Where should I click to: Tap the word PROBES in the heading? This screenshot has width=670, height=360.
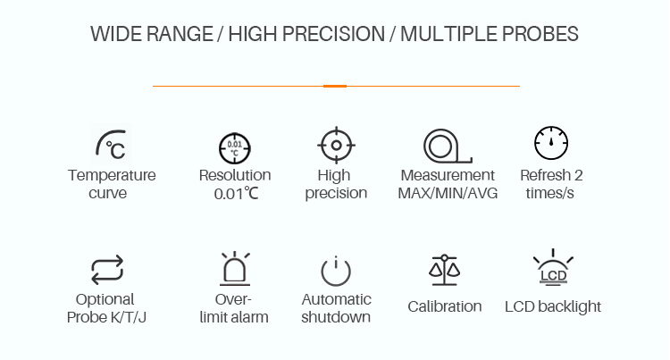[x=540, y=34]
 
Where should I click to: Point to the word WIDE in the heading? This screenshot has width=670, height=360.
[x=116, y=34]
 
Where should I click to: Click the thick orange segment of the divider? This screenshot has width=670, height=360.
[x=335, y=87]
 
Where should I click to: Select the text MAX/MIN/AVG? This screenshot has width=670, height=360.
[x=448, y=193]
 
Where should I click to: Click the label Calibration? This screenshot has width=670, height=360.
[x=444, y=306]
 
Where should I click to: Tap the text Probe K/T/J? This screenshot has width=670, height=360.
[x=106, y=317]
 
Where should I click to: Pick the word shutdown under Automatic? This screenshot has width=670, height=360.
[x=336, y=317]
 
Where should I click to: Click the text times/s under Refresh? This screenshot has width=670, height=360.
[x=549, y=193]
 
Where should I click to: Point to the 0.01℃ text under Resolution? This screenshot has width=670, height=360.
[x=237, y=194]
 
